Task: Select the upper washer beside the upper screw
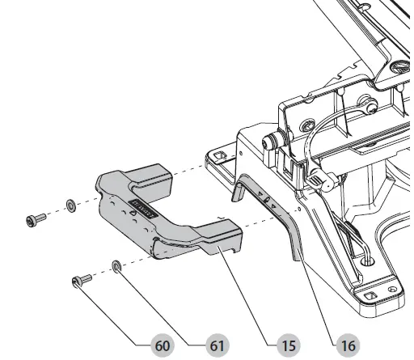click(70, 205)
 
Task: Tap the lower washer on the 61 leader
click(117, 265)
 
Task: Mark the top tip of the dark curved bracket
click(239, 192)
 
